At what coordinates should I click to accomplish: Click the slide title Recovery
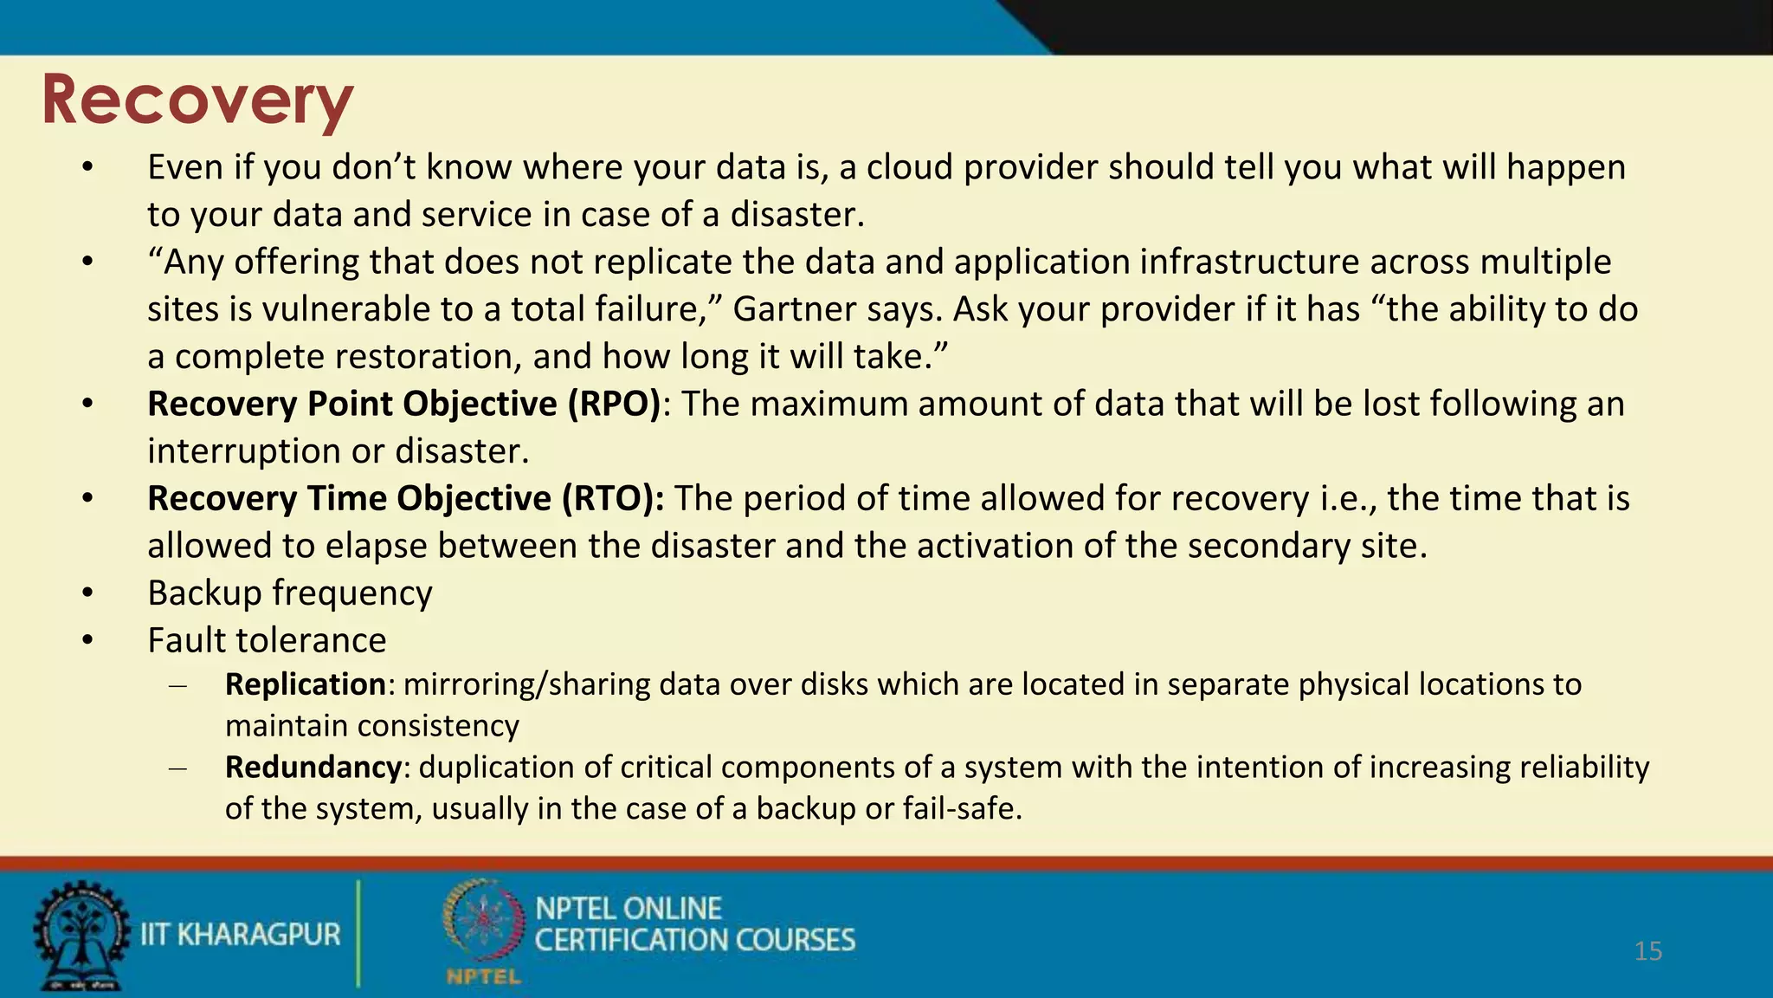(x=197, y=100)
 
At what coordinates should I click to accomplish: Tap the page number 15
(x=1647, y=951)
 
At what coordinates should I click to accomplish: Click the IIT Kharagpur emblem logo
(x=80, y=936)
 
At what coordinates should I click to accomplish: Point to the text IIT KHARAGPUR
(x=240, y=935)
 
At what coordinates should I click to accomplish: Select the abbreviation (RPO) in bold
(x=614, y=405)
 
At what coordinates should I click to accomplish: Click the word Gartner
(x=781, y=309)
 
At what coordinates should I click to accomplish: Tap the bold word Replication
(x=305, y=684)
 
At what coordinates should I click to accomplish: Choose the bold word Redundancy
(x=313, y=768)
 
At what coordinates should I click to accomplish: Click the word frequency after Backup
(x=351, y=593)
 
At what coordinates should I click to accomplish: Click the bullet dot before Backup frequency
(x=87, y=593)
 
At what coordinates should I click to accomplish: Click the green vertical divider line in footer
(x=358, y=934)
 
